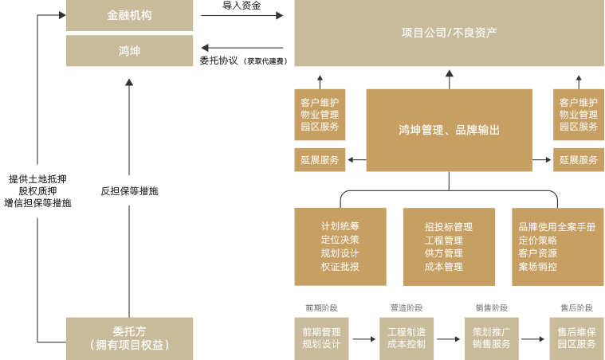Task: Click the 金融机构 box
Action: point(129,15)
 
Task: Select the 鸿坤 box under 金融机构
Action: point(129,51)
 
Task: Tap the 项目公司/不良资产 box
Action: point(449,33)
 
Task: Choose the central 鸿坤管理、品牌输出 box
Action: point(449,129)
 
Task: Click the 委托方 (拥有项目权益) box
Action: point(129,338)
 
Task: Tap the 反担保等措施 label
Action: point(129,191)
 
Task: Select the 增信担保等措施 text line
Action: point(37,203)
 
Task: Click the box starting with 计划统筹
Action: point(340,246)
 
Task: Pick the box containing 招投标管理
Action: point(449,246)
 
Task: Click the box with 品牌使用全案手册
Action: point(557,246)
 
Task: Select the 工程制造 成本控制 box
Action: point(406,338)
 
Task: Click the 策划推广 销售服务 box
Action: point(491,338)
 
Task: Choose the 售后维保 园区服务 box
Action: point(576,338)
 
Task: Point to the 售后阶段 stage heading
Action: point(576,307)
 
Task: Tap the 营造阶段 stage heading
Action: point(406,307)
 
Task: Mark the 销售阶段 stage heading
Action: point(491,307)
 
